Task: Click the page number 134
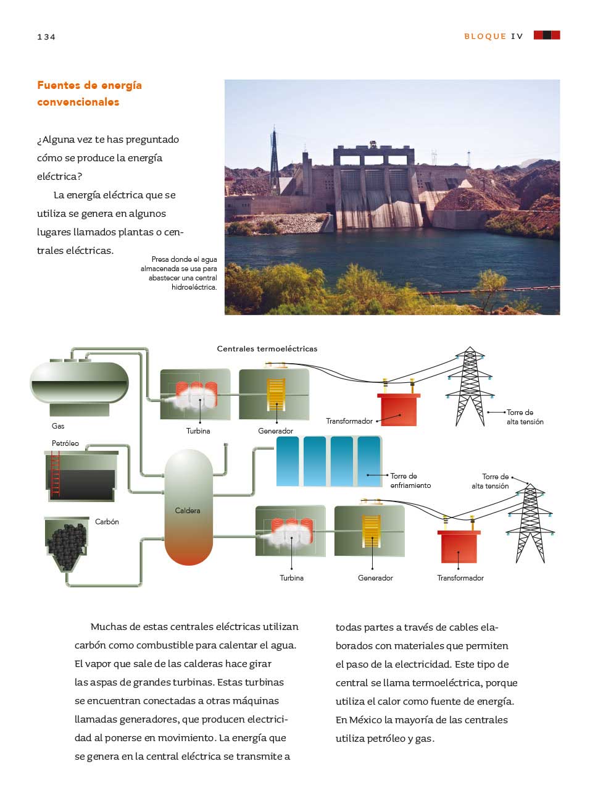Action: pos(46,37)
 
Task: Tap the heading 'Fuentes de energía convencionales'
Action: pos(89,94)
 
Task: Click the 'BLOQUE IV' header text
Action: pos(494,36)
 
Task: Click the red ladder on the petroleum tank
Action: pos(56,474)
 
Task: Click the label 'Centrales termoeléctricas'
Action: pos(267,349)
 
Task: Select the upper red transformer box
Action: pos(399,409)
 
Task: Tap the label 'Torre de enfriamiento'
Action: pos(410,480)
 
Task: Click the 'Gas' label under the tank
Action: pos(58,426)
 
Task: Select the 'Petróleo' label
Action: pos(65,443)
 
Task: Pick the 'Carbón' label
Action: pos(107,522)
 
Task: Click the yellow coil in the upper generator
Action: pos(276,395)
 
